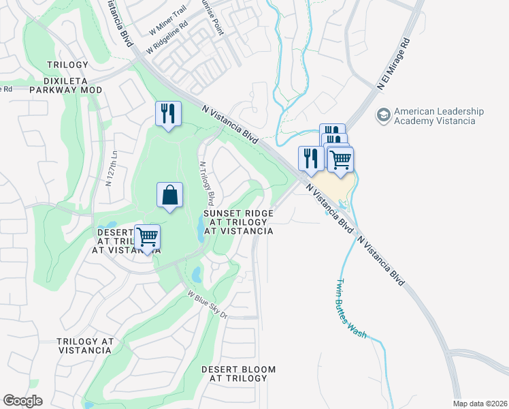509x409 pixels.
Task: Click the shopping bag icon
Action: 169,195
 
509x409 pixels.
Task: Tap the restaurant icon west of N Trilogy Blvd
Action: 168,114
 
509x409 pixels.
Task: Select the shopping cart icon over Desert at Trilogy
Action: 147,238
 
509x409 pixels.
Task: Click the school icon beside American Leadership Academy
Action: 384,116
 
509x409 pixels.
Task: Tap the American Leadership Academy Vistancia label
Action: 438,116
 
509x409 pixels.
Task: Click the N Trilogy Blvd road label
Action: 206,183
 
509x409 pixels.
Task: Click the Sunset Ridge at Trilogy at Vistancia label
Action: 239,222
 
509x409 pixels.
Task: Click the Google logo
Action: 22,401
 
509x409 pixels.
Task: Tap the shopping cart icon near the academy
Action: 340,160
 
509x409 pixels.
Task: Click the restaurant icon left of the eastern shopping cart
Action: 310,158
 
